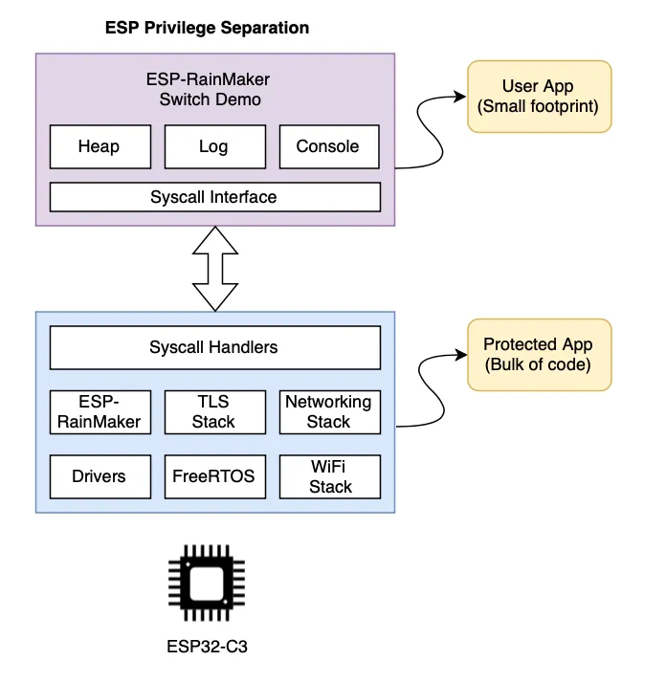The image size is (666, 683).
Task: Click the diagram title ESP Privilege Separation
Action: pyautogui.click(x=207, y=28)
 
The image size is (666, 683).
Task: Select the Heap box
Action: pyautogui.click(x=99, y=146)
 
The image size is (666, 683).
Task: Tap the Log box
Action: pyautogui.click(x=213, y=146)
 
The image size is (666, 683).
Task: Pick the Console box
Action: pyautogui.click(x=328, y=146)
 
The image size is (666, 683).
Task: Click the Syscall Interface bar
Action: pyautogui.click(x=214, y=197)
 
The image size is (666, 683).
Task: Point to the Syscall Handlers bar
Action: pyautogui.click(x=214, y=347)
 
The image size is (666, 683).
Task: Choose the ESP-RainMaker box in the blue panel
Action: pyautogui.click(x=99, y=411)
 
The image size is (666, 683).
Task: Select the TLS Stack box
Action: pyautogui.click(x=213, y=411)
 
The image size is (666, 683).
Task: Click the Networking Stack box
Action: pyautogui.click(x=328, y=411)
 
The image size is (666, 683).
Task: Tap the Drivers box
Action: pyautogui.click(x=99, y=475)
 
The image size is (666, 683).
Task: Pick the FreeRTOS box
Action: pyautogui.click(x=213, y=475)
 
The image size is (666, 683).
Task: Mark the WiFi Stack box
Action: pyautogui.click(x=330, y=475)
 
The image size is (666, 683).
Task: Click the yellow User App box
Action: pyautogui.click(x=538, y=97)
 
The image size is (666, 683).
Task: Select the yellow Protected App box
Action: pyautogui.click(x=538, y=354)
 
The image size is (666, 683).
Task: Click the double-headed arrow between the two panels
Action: pyautogui.click(x=214, y=269)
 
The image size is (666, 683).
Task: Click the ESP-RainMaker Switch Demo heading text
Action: pyautogui.click(x=210, y=90)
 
